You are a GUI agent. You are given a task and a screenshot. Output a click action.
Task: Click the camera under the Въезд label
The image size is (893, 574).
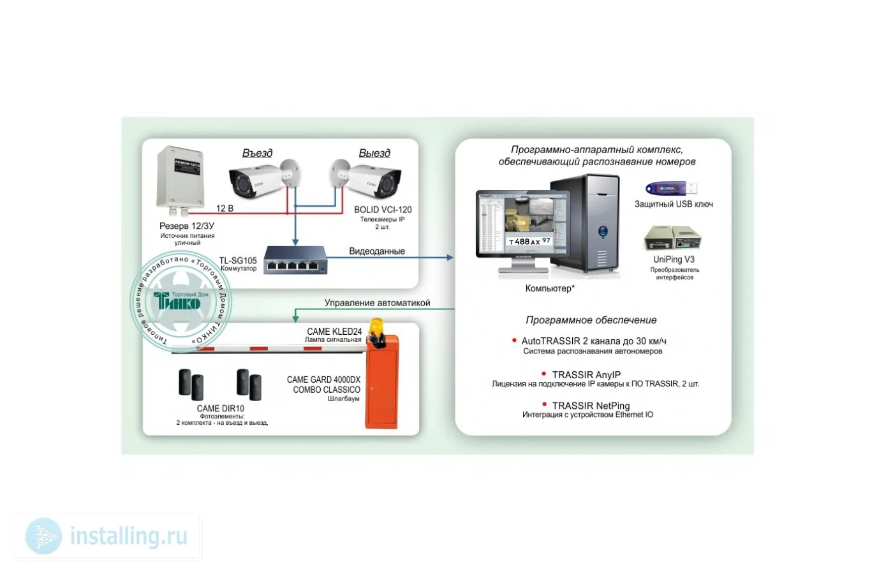tap(258, 180)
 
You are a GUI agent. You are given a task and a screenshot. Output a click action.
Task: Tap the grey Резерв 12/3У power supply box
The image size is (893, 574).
tap(181, 177)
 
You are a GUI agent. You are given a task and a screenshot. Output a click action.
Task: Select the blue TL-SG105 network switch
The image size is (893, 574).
tap(295, 260)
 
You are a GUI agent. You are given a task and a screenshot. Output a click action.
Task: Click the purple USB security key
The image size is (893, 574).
tap(670, 189)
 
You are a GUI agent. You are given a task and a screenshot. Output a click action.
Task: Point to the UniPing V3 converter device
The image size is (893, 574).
tap(672, 239)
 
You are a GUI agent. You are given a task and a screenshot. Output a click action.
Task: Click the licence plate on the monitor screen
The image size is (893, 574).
tap(529, 241)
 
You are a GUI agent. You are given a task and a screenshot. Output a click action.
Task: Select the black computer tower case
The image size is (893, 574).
tap(586, 223)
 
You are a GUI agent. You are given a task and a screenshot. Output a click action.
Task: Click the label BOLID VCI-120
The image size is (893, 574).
tap(383, 210)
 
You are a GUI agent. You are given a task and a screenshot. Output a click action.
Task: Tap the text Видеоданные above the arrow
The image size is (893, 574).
tap(376, 251)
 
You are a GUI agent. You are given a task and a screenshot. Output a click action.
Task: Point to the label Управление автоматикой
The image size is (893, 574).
tap(377, 303)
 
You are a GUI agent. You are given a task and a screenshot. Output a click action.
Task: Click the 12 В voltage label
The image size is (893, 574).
tap(225, 209)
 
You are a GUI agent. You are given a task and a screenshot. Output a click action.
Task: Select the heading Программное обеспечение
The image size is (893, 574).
tap(591, 320)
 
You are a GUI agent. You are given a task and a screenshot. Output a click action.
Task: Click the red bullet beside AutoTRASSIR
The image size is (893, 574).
tap(514, 341)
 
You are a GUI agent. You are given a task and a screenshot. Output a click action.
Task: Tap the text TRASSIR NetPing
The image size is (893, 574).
tap(591, 406)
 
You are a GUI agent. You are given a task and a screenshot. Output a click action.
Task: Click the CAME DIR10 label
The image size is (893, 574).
tap(220, 409)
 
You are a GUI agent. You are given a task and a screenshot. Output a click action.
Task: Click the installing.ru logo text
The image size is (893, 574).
tap(128, 536)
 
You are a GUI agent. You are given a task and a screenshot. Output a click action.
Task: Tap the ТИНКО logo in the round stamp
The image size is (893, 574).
tap(178, 301)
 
